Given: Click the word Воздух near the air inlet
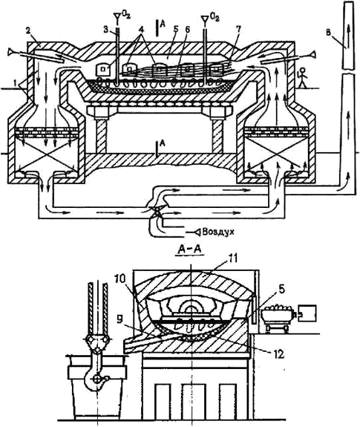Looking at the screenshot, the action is (218, 232).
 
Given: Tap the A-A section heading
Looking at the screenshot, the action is (189, 249).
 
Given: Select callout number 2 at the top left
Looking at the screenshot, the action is (29, 30).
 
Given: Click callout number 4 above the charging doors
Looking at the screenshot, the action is (141, 30).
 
